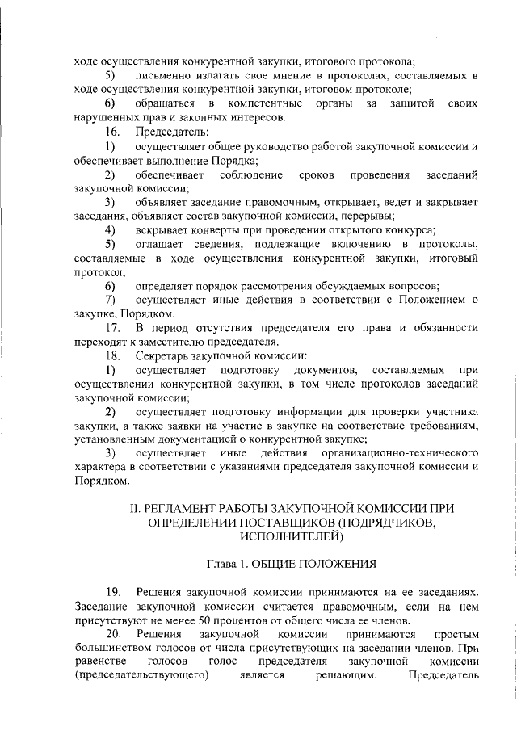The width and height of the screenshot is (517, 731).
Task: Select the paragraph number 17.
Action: pyautogui.click(x=114, y=328)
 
